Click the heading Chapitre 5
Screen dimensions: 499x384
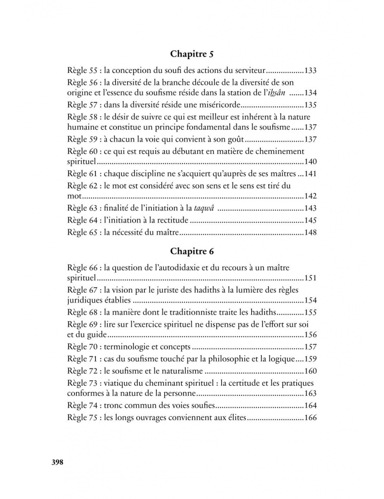point(192,55)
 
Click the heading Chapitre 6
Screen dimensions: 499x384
point(192,251)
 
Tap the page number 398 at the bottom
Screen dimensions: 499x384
point(58,462)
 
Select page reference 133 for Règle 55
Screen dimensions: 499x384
point(311,71)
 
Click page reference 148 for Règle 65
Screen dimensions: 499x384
point(311,232)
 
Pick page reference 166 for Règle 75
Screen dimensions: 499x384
point(311,417)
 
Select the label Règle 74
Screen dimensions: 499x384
point(83,405)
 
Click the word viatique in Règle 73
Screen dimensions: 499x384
point(118,383)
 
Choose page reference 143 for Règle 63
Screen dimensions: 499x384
point(311,208)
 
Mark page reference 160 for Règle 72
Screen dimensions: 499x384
point(311,371)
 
